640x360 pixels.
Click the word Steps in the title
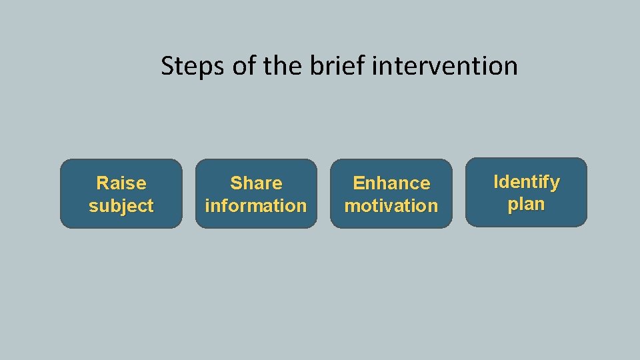[x=193, y=66]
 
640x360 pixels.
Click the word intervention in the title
[x=445, y=66]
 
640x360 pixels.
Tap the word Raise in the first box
[x=121, y=183]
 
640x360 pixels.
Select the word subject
[x=121, y=205]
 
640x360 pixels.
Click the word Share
[x=256, y=183]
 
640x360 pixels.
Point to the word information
[x=256, y=205]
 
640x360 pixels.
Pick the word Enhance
[x=391, y=183]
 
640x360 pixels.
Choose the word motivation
[x=391, y=205]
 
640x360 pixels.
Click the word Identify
[x=526, y=181]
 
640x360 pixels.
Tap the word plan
[x=526, y=204]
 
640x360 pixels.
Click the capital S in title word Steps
[x=168, y=66]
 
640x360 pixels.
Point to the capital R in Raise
[x=103, y=183]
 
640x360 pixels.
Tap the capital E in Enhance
[x=358, y=183]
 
